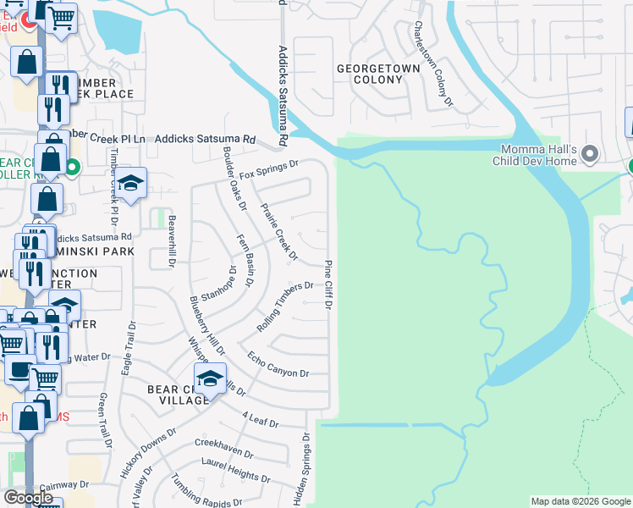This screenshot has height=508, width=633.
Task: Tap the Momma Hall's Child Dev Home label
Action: click(536, 155)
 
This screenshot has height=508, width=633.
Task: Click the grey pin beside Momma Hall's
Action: click(591, 155)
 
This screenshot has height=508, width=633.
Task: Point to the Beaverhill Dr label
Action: click(171, 241)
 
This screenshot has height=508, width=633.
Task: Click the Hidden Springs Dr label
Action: click(302, 470)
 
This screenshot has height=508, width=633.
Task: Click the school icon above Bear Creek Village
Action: click(211, 378)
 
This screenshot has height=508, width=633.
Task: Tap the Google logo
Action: click(28, 498)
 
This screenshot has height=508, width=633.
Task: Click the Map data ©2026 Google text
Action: click(580, 501)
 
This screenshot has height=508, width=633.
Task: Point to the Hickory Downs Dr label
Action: click(146, 453)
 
